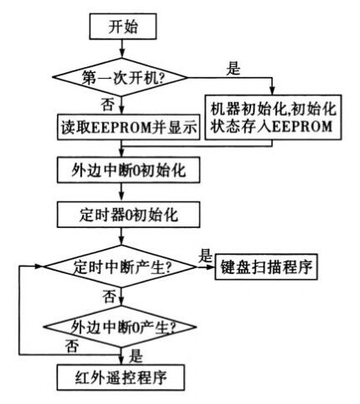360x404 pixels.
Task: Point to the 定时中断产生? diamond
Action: coord(123,267)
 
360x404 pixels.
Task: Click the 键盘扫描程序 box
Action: coord(267,267)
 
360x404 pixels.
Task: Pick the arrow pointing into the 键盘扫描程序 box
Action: coord(210,267)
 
